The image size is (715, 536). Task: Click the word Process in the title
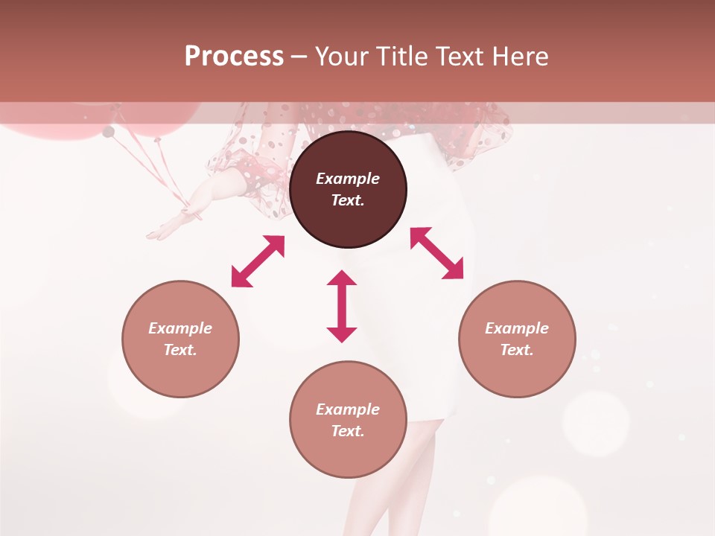(234, 57)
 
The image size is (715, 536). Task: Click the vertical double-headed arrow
(342, 306)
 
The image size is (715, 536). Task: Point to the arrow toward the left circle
(258, 261)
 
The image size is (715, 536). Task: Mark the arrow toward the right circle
(436, 253)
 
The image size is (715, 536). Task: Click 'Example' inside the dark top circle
(348, 179)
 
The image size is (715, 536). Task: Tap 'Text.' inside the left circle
(180, 350)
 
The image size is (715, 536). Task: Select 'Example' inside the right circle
(517, 328)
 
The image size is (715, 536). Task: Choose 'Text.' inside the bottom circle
(348, 431)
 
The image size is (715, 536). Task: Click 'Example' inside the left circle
(180, 328)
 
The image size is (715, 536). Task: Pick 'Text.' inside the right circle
(517, 350)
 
